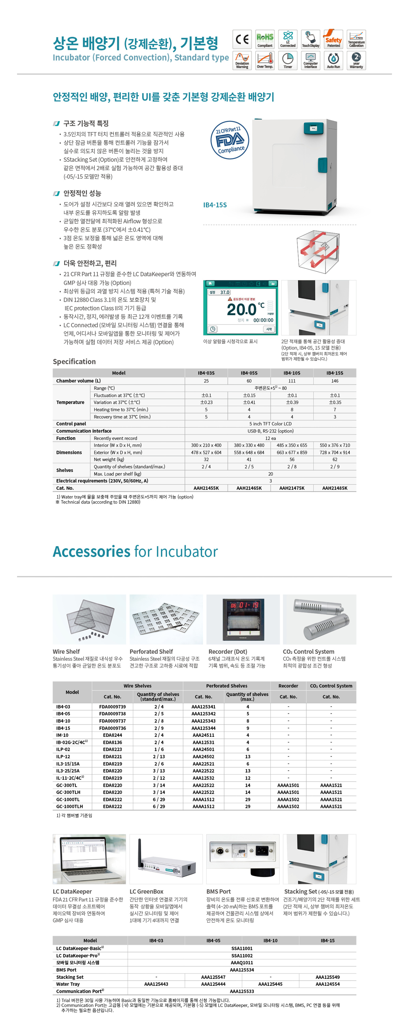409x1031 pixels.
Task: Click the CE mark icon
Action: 242,39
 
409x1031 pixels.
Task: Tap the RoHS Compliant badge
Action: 265,39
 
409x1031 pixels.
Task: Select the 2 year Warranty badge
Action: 356,60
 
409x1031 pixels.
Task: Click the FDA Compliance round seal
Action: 229,140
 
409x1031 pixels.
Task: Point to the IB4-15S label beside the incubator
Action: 215,205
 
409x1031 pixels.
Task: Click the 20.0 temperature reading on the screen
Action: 241,310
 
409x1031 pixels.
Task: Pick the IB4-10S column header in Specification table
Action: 292,373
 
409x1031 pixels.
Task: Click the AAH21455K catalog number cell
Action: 206,488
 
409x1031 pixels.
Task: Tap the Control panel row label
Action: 71,424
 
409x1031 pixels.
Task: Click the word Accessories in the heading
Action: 92,552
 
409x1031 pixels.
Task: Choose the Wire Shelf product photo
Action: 89,619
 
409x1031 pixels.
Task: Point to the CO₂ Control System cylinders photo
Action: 319,619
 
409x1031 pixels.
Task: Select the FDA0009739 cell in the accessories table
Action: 112,707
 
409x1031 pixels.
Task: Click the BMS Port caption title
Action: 218,891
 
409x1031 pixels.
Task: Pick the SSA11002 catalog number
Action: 242,955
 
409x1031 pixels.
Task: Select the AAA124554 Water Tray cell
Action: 327,984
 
